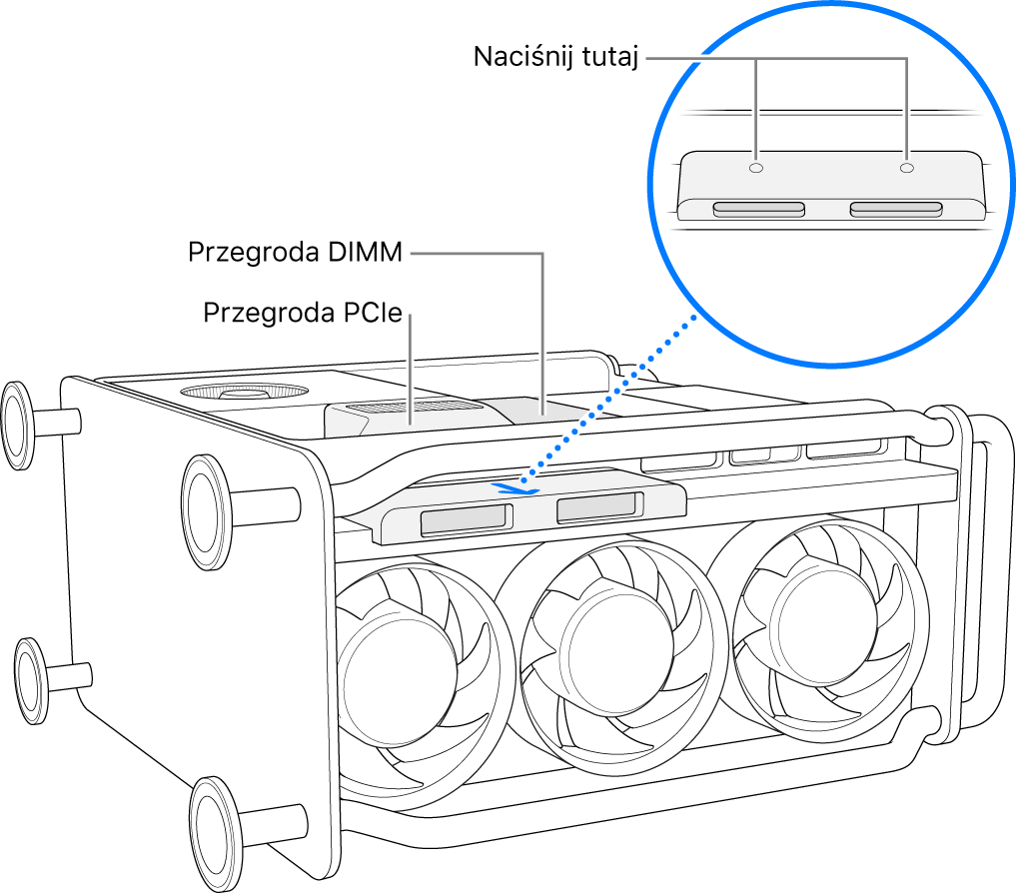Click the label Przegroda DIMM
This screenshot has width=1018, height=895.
pyautogui.click(x=295, y=254)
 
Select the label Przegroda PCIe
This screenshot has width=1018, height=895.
pyautogui.click(x=302, y=314)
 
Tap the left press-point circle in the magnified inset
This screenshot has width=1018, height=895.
pyautogui.click(x=756, y=169)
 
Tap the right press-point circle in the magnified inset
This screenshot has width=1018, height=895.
pyautogui.click(x=906, y=169)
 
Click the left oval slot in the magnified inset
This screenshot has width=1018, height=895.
pyautogui.click(x=759, y=210)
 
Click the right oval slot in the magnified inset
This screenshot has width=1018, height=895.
pyautogui.click(x=895, y=210)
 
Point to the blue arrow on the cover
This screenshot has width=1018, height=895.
pyautogui.click(x=516, y=488)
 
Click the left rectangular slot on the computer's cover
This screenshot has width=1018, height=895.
pyautogui.click(x=466, y=520)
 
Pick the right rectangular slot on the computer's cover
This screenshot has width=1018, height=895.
pyautogui.click(x=595, y=508)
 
